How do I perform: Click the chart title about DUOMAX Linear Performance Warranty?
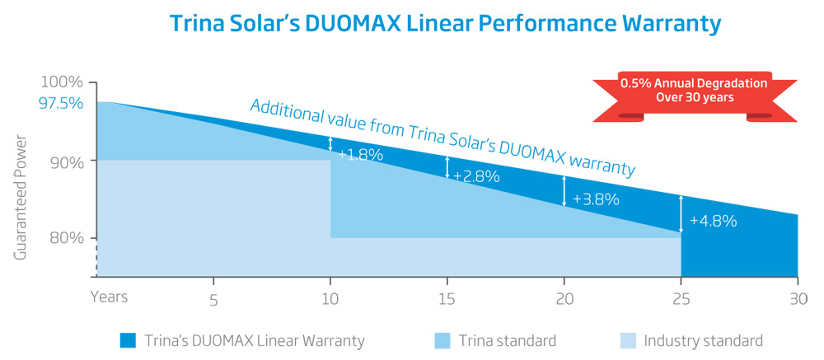445,23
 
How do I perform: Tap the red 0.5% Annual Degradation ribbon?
694,91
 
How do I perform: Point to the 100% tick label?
62,82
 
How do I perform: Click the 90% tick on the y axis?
65,161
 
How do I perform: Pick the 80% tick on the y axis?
65,239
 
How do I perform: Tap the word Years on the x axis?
109,296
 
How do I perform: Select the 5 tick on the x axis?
213,301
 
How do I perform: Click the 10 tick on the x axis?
330,299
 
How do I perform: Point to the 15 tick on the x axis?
447,299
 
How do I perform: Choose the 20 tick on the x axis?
564,299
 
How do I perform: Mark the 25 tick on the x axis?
681,299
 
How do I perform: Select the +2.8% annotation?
476,175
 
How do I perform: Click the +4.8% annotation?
713,221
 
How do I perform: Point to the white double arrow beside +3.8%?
564,190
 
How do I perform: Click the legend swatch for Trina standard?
445,340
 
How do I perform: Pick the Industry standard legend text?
703,340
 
